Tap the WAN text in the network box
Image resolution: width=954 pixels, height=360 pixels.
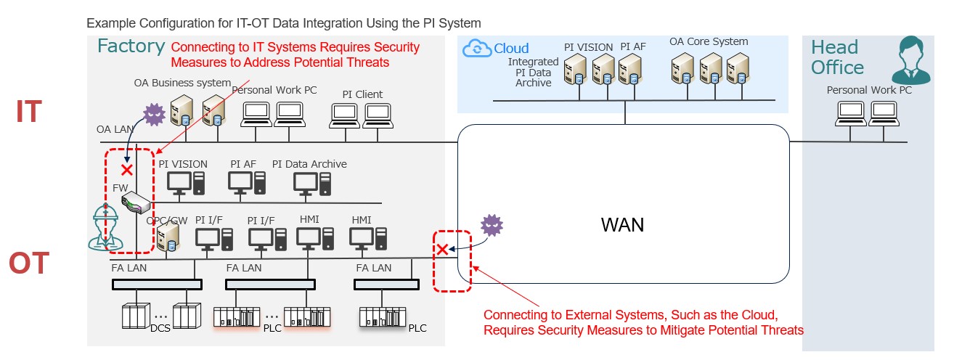point(622,225)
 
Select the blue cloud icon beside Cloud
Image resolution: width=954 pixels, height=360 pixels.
point(477,49)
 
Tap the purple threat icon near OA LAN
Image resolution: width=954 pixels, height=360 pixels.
point(154,115)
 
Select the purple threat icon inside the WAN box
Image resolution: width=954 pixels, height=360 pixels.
point(492,226)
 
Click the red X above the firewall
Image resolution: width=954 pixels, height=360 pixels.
point(127,170)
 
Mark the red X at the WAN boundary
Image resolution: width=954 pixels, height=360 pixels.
point(441,250)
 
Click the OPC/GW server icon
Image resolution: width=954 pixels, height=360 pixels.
point(168,237)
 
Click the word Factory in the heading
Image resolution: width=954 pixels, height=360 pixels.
point(131,47)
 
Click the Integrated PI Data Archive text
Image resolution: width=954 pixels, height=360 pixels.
point(533,73)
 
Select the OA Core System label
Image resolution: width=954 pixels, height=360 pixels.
point(708,42)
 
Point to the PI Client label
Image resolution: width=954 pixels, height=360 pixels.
point(362,94)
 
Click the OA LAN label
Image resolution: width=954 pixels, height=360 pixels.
point(114,128)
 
